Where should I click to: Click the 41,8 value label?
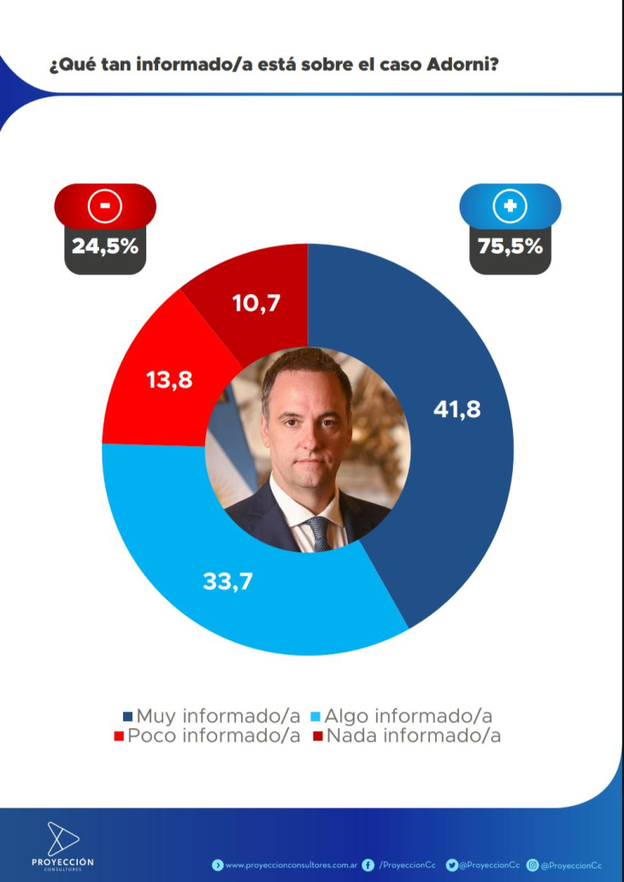(x=456, y=409)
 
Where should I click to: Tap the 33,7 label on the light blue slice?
(x=228, y=581)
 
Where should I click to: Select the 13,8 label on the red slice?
(x=169, y=379)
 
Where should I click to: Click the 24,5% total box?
(x=105, y=246)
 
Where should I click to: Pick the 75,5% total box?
(x=510, y=246)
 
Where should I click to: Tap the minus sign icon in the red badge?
(x=105, y=205)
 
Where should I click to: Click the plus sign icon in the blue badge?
(x=510, y=205)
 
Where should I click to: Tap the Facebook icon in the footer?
(x=368, y=865)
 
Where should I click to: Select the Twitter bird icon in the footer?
(x=451, y=865)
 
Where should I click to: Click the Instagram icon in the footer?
(x=533, y=865)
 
